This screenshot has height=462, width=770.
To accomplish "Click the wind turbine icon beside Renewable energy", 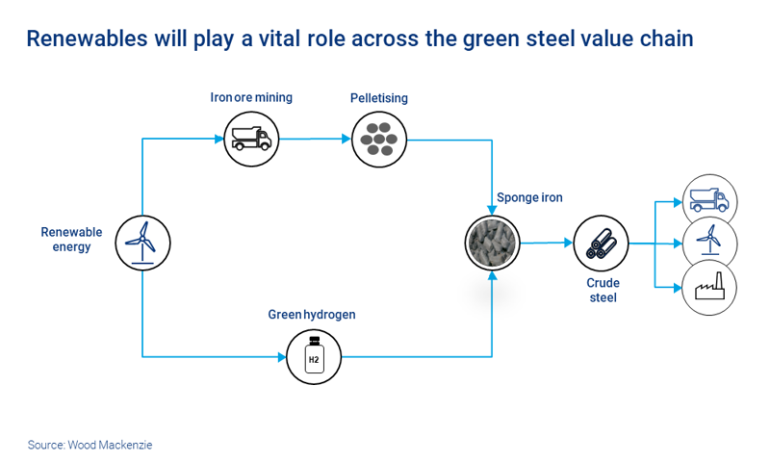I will tap(142, 241).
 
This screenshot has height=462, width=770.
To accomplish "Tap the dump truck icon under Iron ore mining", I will tap(251, 139).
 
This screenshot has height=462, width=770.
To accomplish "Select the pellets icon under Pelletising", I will tap(378, 139).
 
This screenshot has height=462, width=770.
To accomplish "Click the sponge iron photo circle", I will tap(492, 242).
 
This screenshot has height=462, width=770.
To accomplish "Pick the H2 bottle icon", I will tap(314, 356).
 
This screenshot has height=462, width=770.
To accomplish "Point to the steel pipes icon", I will tap(601, 243).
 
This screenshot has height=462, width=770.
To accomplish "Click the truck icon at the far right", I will tap(709, 201).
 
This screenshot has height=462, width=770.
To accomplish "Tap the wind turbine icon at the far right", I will tap(709, 243).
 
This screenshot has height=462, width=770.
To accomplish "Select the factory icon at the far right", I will tap(709, 287).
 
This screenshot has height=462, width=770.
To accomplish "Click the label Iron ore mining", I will tap(251, 97).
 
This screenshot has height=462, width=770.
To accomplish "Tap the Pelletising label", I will tap(378, 98).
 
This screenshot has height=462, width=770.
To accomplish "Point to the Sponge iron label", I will tap(529, 198).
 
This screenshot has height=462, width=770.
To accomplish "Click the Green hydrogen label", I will tap(312, 315).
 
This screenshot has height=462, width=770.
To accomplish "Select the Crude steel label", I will tap(603, 291).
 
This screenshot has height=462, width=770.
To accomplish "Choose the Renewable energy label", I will tap(71, 240).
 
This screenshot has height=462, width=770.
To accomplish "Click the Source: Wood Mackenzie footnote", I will tap(90, 445).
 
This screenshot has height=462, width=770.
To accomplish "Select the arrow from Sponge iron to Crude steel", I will tap(547, 243).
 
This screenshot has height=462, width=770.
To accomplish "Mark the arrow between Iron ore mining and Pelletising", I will tap(315, 139).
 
